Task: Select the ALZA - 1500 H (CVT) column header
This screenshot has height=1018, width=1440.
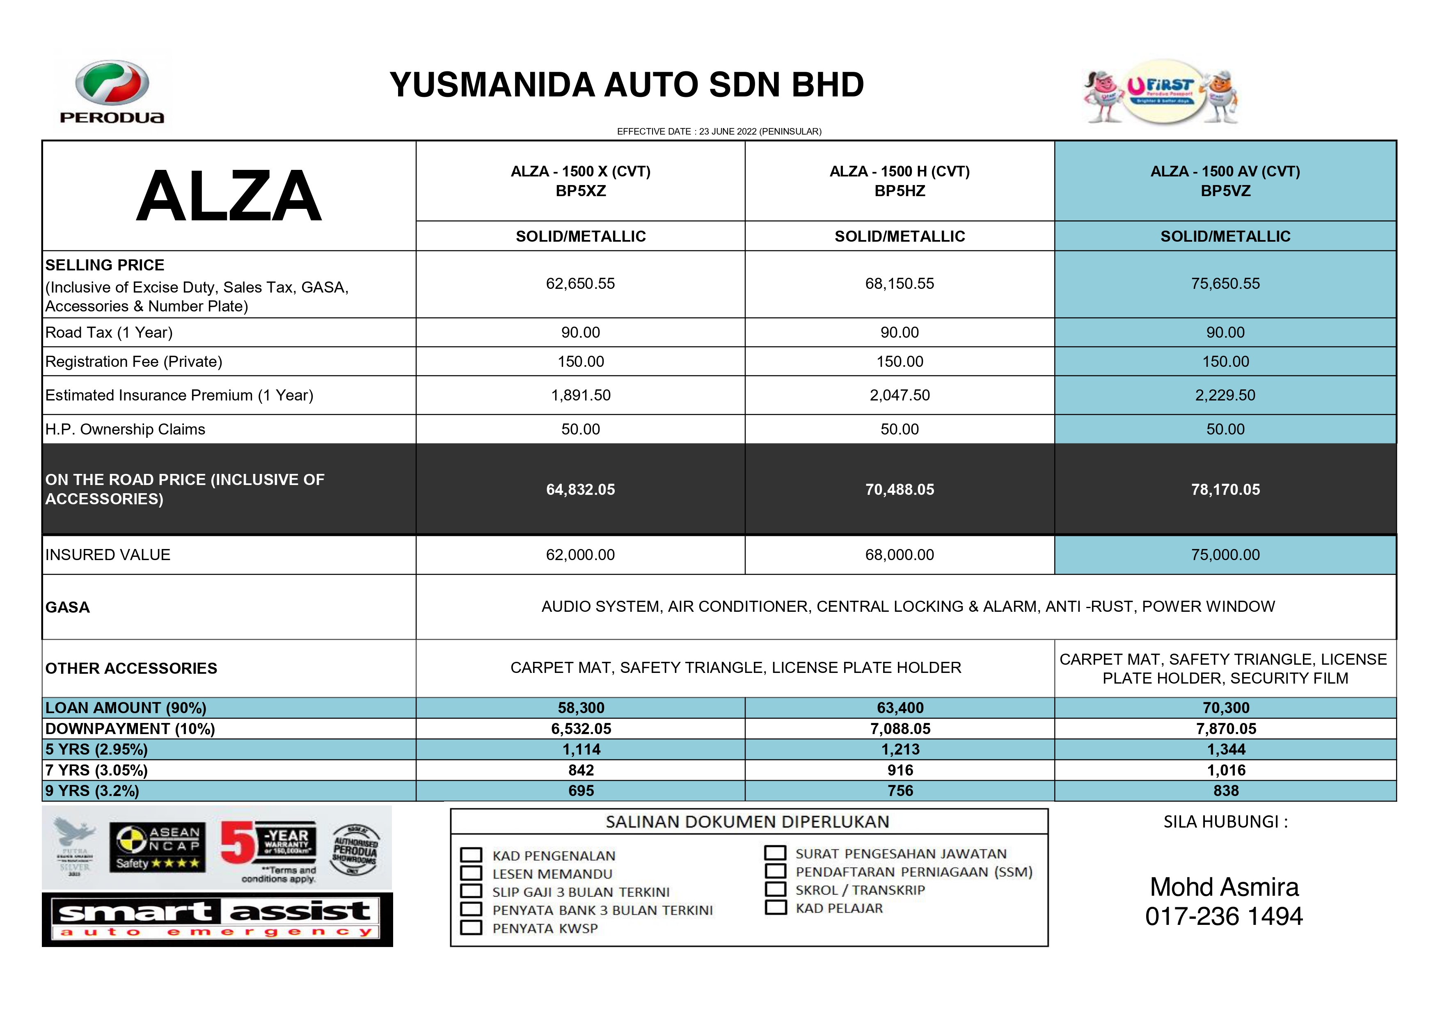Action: pyautogui.click(x=900, y=181)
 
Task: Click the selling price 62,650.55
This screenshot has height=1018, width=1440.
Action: pyautogui.click(x=580, y=284)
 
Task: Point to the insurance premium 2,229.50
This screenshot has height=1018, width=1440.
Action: pyautogui.click(x=1225, y=395)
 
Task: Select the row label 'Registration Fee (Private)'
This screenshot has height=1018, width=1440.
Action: pyautogui.click(x=134, y=362)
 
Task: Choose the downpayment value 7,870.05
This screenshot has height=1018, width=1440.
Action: pyautogui.click(x=1225, y=728)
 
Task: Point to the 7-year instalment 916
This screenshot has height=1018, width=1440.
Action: pyautogui.click(x=900, y=770)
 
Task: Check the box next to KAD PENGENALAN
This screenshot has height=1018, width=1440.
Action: pyautogui.click(x=471, y=855)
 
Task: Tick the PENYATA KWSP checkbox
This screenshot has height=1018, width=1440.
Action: pyautogui.click(x=471, y=928)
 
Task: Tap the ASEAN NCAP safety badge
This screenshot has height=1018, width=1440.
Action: pyautogui.click(x=158, y=847)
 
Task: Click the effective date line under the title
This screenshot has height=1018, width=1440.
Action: pyautogui.click(x=719, y=132)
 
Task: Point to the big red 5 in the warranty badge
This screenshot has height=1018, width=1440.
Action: pyautogui.click(x=237, y=844)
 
